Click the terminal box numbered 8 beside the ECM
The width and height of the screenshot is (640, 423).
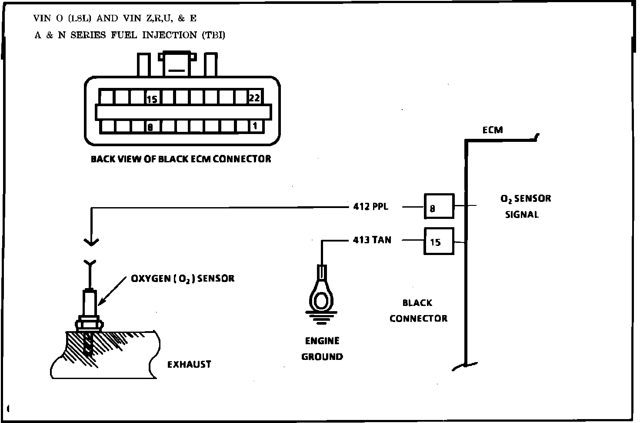(x=439, y=206)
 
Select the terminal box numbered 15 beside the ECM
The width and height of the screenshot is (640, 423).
(x=439, y=241)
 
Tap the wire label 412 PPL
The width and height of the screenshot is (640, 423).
(x=370, y=206)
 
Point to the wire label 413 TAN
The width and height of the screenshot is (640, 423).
(x=372, y=240)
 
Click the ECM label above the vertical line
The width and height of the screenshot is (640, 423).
(x=493, y=130)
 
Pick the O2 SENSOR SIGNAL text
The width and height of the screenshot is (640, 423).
(x=525, y=206)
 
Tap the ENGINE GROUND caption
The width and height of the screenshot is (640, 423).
(x=322, y=349)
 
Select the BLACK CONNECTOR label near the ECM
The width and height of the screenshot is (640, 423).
(x=418, y=311)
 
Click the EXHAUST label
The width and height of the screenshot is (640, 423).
(x=189, y=364)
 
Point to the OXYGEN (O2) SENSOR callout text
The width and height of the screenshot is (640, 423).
(x=183, y=278)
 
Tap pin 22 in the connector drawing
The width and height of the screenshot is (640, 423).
(x=254, y=98)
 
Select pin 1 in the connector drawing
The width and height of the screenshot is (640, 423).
(x=255, y=126)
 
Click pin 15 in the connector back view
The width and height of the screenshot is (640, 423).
(x=152, y=99)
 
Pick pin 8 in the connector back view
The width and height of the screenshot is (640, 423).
(x=150, y=127)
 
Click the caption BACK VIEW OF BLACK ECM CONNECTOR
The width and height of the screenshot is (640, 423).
(x=181, y=159)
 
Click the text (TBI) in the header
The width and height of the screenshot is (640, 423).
(x=213, y=35)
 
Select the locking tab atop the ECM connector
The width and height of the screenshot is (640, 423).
(x=177, y=64)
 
